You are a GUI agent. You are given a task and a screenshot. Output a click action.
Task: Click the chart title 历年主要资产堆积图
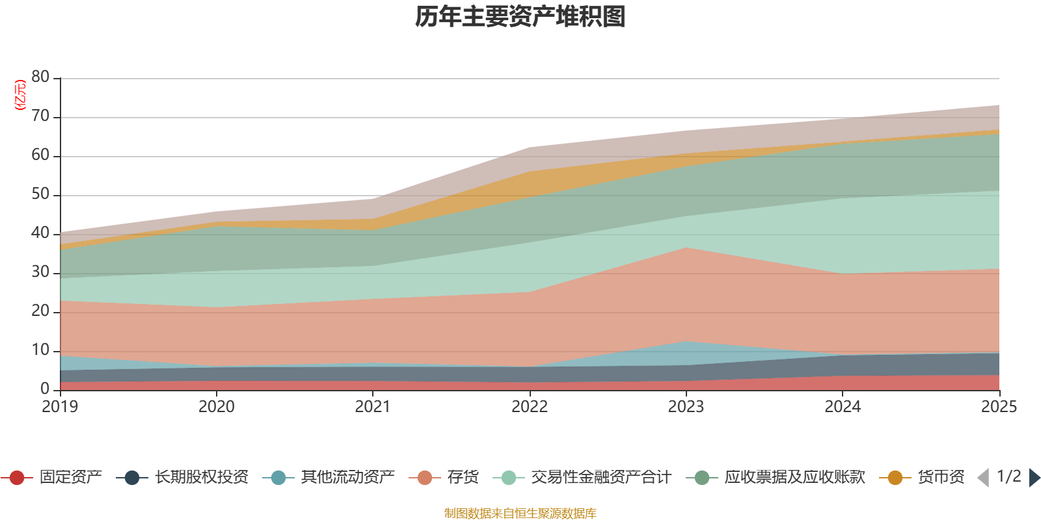520,17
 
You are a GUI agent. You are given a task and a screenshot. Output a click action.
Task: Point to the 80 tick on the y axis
40,77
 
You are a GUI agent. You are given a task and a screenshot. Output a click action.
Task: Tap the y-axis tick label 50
40,194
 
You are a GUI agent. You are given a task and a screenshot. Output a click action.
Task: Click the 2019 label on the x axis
60,407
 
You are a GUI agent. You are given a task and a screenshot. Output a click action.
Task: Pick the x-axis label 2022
530,407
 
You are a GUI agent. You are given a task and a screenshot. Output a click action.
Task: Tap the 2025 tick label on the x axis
998,407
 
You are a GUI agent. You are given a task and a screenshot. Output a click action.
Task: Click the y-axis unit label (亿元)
20,95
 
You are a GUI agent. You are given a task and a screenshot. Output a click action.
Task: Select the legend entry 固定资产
70,478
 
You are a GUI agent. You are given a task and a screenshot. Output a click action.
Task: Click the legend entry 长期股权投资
201,478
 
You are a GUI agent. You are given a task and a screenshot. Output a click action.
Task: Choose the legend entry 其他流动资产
347,478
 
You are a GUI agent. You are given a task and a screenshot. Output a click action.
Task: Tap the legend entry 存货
463,478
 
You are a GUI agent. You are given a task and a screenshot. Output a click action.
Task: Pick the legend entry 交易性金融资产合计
601,478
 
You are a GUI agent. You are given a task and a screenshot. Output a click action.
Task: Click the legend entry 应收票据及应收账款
794,478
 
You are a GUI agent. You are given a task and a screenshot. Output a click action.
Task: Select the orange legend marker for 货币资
895,478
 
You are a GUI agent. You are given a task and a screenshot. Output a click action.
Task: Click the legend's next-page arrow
1034,478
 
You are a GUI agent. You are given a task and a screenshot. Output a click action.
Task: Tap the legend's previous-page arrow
983,478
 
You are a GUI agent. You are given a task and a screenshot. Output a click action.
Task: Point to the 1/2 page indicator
1008,476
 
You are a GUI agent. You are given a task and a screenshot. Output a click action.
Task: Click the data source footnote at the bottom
520,513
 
